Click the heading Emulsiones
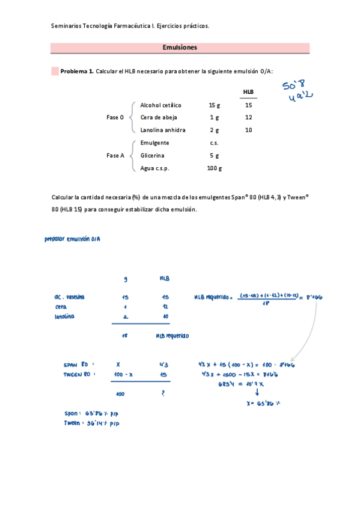click(x=180, y=48)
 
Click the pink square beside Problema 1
click(x=55, y=71)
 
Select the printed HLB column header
click(x=248, y=92)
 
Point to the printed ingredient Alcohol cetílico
click(x=160, y=105)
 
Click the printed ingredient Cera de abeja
click(x=158, y=117)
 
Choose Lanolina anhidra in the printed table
click(x=162, y=130)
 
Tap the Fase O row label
click(x=115, y=118)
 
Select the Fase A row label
click(x=115, y=155)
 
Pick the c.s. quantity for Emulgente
click(x=214, y=143)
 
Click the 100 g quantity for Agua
click(x=214, y=168)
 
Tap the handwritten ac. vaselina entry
click(x=69, y=297)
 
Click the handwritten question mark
click(x=162, y=393)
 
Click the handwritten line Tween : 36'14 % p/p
click(x=93, y=423)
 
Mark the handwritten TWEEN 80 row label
click(x=79, y=374)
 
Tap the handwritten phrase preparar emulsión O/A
click(x=72, y=239)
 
